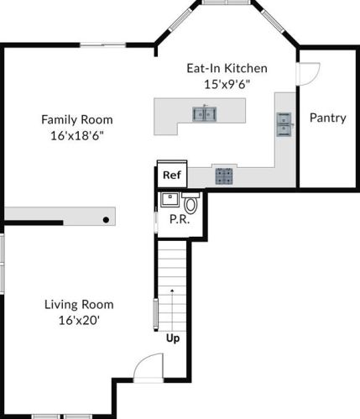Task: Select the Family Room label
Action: pos(77,119)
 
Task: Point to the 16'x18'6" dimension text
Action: pos(77,135)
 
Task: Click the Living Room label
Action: pos(79,304)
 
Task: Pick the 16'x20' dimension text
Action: pos(79,320)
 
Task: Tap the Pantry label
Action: pos(327,118)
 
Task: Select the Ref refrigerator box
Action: pos(171,175)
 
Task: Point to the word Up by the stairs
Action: pos(172,338)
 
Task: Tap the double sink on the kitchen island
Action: pos(203,113)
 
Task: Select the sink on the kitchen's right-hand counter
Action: pos(284,124)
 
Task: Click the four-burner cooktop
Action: pos(224,175)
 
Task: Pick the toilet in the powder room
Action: pos(190,202)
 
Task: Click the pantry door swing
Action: pos(308,75)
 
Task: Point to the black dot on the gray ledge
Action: pos(106,219)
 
